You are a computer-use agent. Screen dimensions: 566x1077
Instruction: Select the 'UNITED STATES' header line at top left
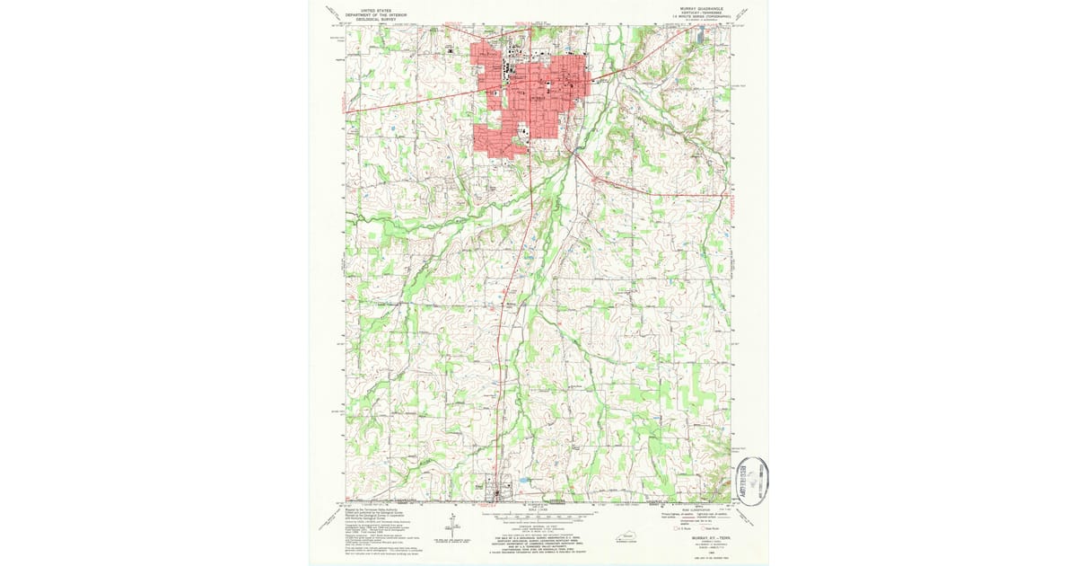click(x=378, y=6)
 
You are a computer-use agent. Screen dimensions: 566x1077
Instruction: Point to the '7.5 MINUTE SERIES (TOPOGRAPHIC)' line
click(x=694, y=16)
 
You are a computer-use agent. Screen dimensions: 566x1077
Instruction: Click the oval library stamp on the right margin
click(x=752, y=482)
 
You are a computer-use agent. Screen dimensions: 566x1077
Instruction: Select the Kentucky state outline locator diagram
click(x=629, y=536)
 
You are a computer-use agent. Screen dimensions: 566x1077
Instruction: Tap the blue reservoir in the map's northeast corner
click(x=700, y=36)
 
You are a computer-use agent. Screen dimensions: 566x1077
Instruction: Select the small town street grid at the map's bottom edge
click(x=496, y=492)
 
